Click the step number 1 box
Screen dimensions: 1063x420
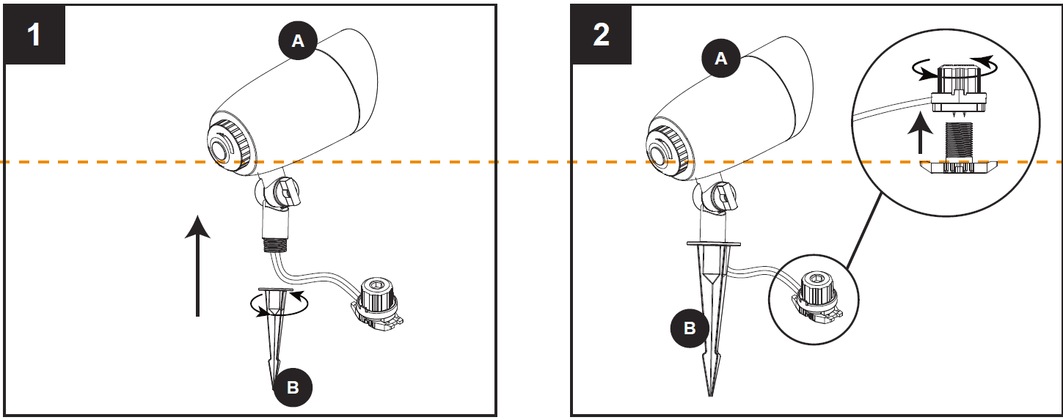click(34, 34)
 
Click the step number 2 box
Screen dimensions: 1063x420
click(602, 34)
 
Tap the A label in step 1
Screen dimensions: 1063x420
click(298, 41)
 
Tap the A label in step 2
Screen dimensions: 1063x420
click(721, 59)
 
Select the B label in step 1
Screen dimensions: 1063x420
click(293, 387)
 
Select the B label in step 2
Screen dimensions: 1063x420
click(690, 328)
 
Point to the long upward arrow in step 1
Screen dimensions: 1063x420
click(197, 265)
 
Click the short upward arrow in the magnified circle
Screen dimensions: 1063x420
click(920, 133)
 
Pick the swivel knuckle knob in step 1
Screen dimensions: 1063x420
click(287, 191)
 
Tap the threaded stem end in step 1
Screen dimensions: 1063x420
click(276, 246)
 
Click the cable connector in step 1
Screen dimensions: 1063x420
click(377, 304)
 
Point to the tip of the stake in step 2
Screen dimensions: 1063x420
click(710, 395)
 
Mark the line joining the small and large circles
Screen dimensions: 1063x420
click(863, 232)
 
